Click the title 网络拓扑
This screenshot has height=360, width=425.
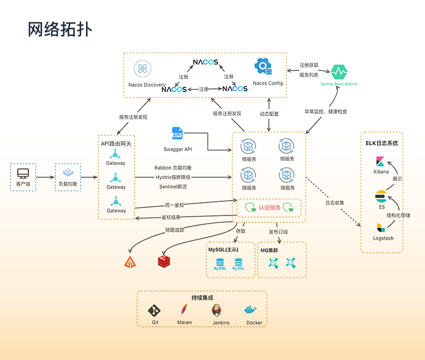click(x=60, y=29)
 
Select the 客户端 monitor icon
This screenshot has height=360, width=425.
click(x=23, y=174)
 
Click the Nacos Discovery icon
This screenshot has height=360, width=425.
click(x=143, y=69)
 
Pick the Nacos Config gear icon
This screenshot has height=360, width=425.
click(x=263, y=67)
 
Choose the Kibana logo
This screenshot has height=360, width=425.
click(x=380, y=161)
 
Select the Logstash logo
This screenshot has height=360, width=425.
click(x=380, y=227)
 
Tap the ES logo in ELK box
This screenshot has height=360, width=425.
click(x=381, y=196)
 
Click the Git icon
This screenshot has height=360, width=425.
click(x=155, y=311)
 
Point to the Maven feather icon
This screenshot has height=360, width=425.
click(x=184, y=310)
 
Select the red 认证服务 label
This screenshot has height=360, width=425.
click(x=270, y=208)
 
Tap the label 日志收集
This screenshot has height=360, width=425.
click(x=335, y=203)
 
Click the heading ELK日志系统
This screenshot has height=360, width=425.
click(x=381, y=143)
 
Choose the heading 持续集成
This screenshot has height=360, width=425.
click(x=202, y=298)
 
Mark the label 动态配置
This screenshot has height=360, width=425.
click(x=269, y=114)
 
